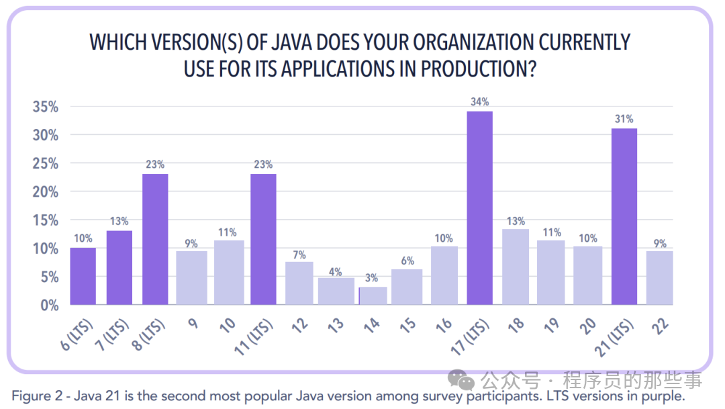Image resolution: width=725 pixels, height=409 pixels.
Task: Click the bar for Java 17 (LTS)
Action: tap(479, 208)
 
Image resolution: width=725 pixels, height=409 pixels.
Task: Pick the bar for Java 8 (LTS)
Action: tap(155, 239)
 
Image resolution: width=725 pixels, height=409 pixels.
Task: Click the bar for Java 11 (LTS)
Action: tap(263, 239)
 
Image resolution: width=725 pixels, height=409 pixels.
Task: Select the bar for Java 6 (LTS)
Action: tap(83, 276)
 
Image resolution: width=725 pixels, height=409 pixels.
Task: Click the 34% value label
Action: tap(479, 102)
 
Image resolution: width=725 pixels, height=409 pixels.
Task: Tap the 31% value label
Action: tap(624, 119)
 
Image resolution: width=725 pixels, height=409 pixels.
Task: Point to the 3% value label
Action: tap(371, 278)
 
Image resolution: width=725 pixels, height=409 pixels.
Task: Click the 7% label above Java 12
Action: tap(299, 255)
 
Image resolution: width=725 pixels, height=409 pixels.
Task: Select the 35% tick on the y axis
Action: tap(45, 107)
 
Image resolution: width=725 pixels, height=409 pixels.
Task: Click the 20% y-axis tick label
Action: tap(45, 191)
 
